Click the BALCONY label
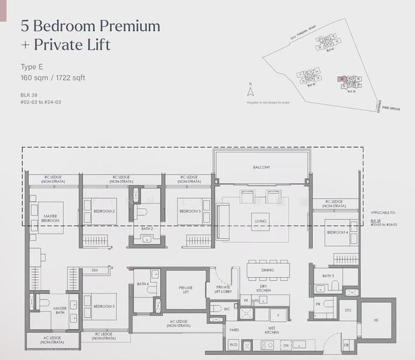point(261,167)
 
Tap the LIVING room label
point(261,221)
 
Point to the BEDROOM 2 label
point(104,211)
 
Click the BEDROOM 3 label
point(190,211)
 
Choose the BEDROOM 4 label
point(337,232)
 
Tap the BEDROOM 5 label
point(103,306)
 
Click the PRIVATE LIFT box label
point(186,290)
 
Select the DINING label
point(267,271)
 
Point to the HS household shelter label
point(376,320)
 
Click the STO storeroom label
point(348,310)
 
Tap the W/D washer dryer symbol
point(233,346)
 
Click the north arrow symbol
point(251,91)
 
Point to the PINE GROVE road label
point(390,108)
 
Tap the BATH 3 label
point(328,276)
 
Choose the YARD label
point(233,330)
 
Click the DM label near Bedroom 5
point(94,271)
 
